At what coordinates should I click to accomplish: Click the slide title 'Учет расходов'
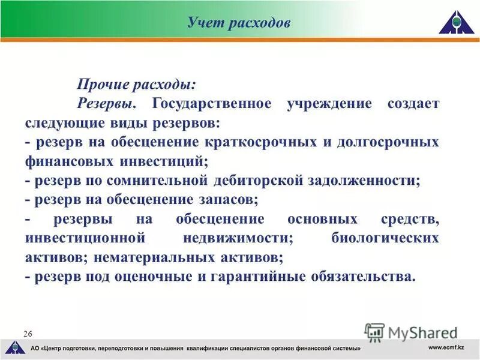coord(239,23)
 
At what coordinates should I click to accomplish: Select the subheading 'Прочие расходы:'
coord(136,85)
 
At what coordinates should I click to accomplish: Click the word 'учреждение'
coord(321,104)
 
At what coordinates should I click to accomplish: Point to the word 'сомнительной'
coord(158,181)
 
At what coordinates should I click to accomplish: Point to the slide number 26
coord(28,333)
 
